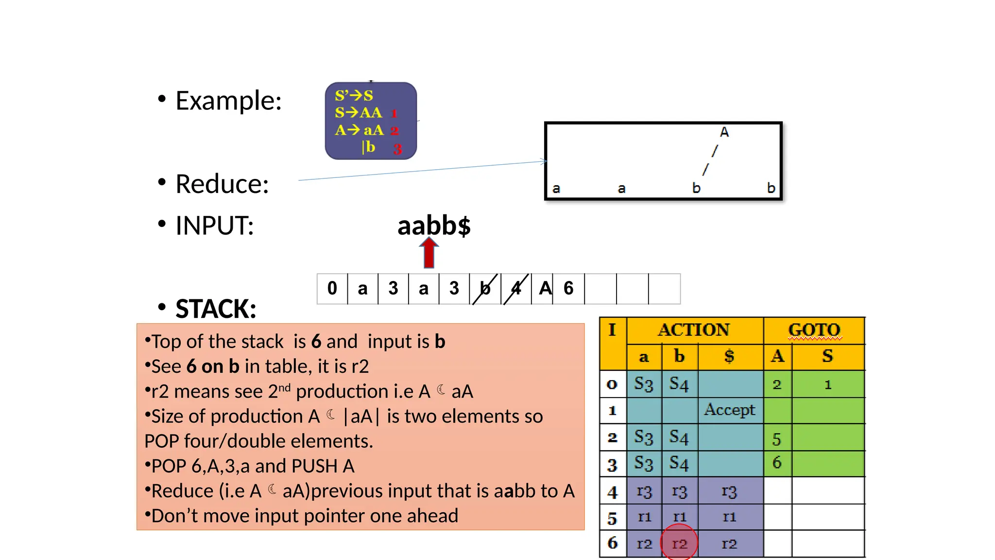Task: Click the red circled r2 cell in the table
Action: click(679, 543)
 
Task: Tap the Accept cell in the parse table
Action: click(730, 410)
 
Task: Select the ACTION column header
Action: click(694, 330)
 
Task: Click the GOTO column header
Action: click(814, 330)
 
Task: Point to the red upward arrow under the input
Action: click(429, 253)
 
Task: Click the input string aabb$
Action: click(434, 226)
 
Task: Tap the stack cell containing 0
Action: click(332, 288)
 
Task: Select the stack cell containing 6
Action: click(568, 288)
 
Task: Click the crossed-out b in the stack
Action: click(485, 289)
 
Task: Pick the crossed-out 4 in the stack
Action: click(516, 289)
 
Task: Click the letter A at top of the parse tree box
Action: click(724, 132)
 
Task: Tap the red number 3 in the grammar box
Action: click(397, 149)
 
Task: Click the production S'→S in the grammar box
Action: click(354, 95)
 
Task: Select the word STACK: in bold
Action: click(216, 309)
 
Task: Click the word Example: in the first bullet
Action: click(228, 101)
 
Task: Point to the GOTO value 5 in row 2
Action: click(777, 439)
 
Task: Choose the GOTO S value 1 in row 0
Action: click(828, 385)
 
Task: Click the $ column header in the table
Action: click(729, 356)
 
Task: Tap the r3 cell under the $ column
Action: click(729, 491)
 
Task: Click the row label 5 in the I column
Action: click(612, 518)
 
